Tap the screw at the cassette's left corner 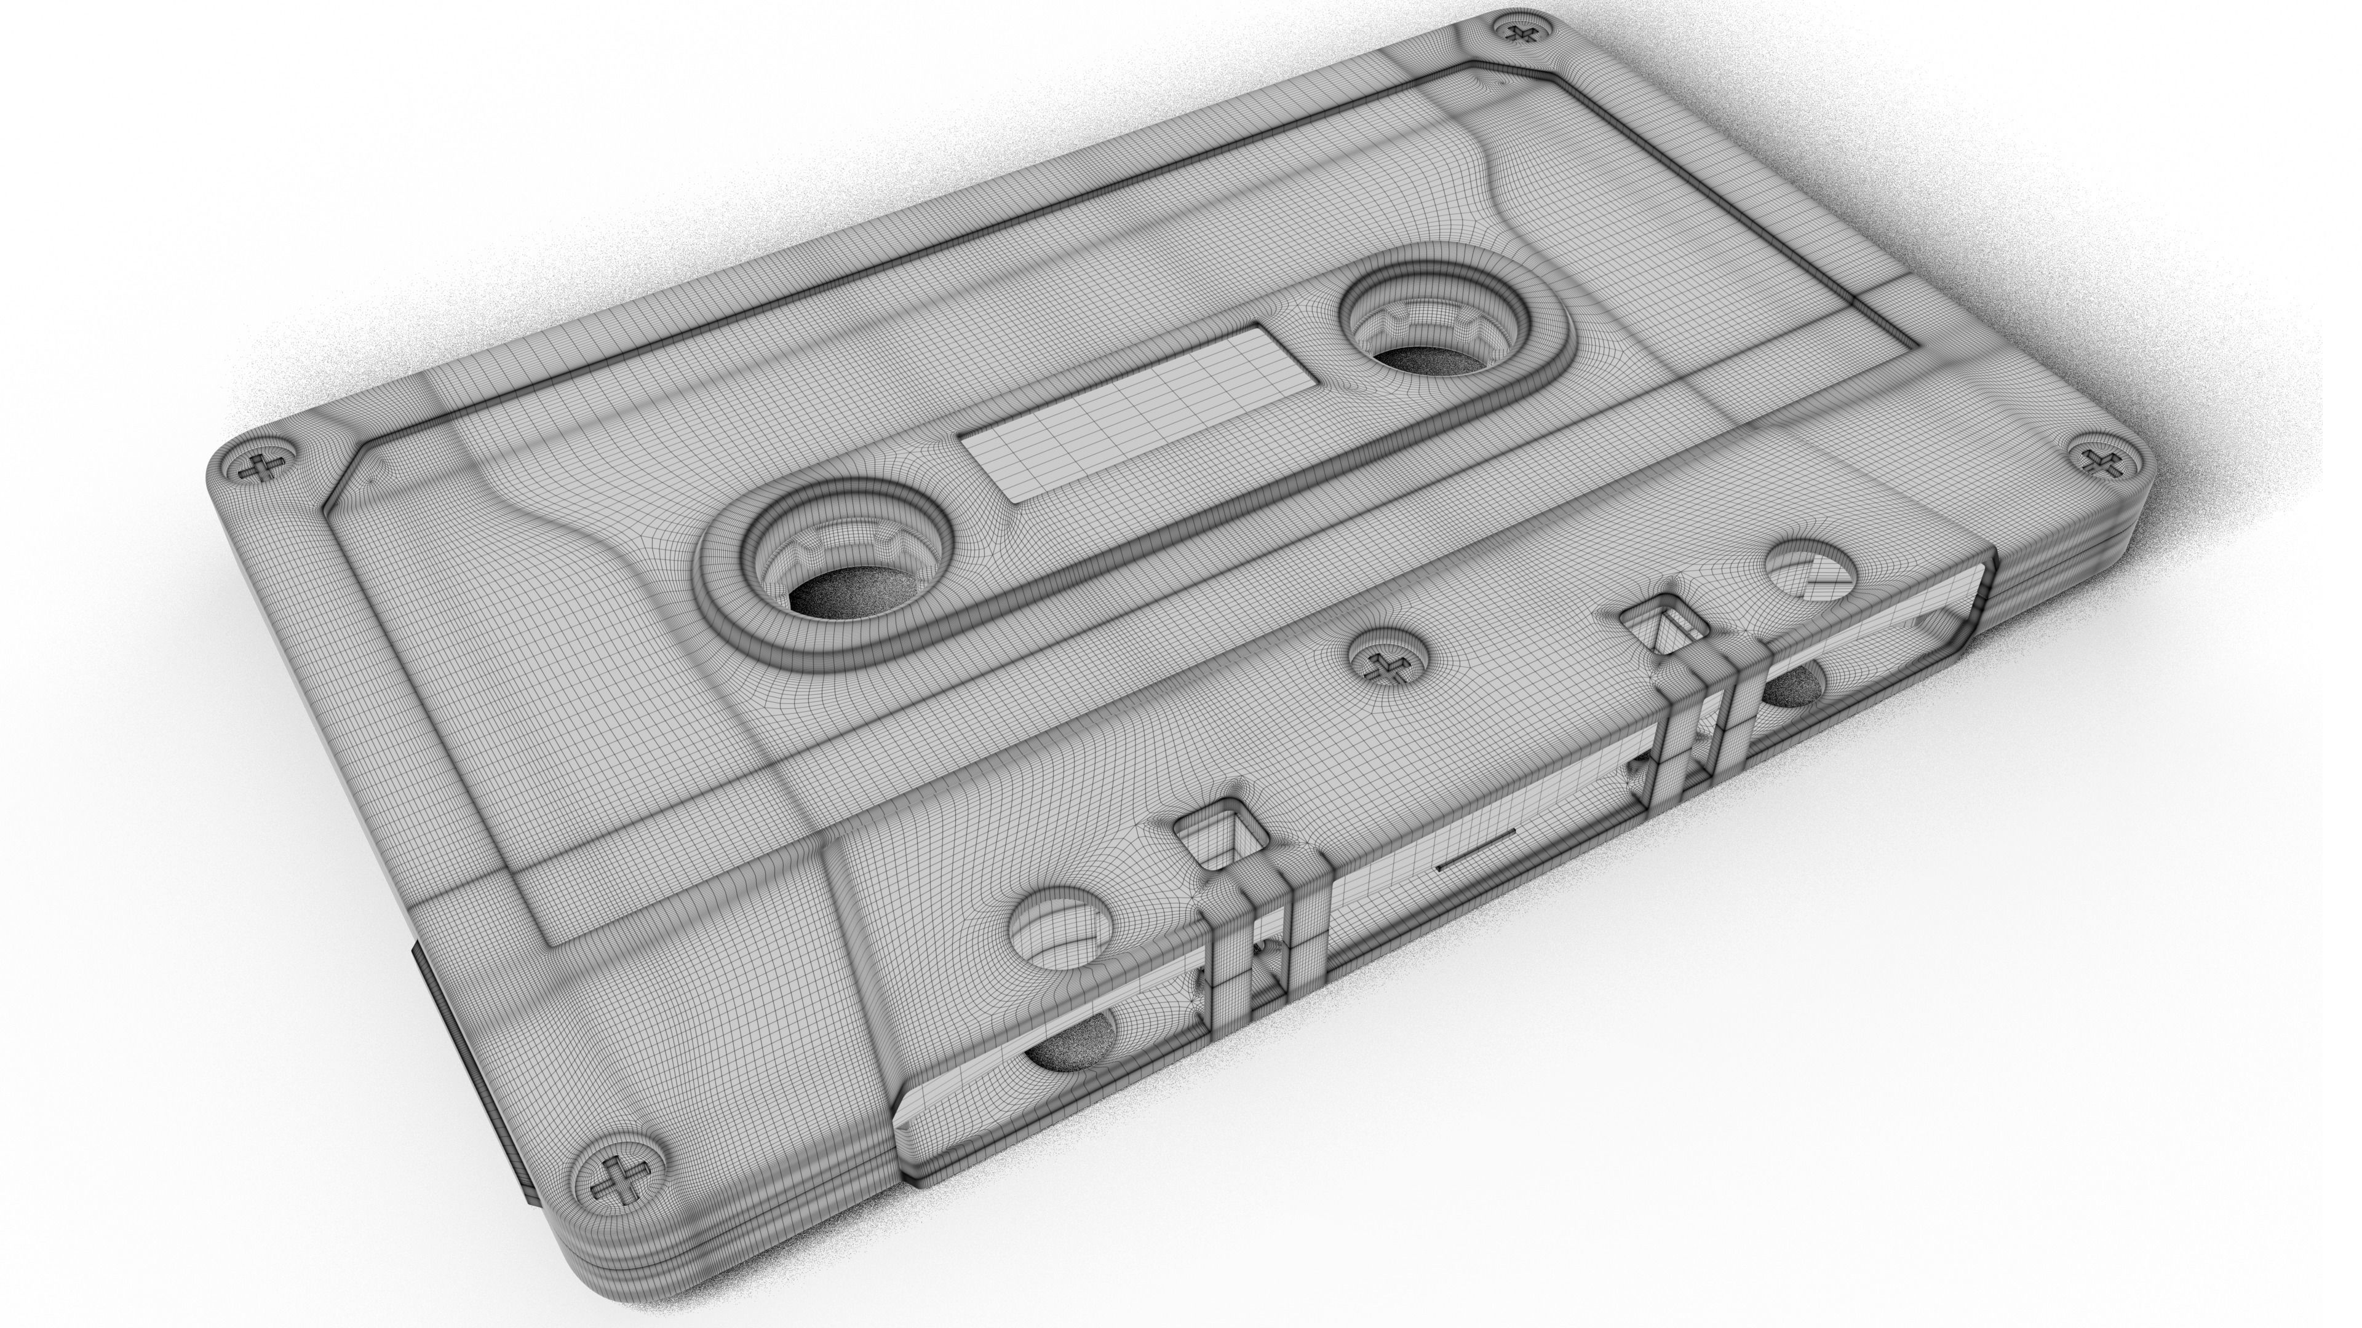click(x=266, y=467)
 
